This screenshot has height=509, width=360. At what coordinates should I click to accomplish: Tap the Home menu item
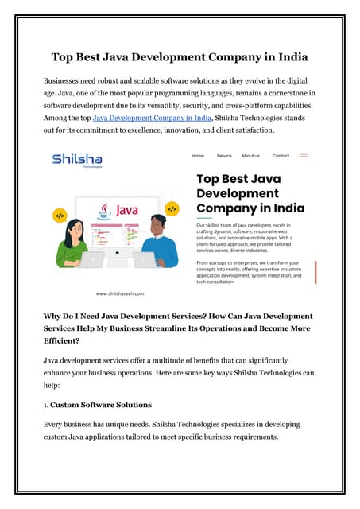198,156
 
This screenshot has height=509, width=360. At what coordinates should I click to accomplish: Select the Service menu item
224,156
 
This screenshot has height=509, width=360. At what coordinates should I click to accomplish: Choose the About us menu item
250,156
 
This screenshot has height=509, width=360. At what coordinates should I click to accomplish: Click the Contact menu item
281,156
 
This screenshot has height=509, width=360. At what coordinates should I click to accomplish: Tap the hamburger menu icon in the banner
304,156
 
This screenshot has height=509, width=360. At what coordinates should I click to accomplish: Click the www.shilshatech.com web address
120,293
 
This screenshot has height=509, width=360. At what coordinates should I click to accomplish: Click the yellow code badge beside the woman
59,215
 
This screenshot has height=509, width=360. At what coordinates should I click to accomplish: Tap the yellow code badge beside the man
172,208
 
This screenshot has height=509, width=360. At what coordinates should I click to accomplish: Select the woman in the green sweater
74,242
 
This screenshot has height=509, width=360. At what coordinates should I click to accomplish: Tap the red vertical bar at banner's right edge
316,271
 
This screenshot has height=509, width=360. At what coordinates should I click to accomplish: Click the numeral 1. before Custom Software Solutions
47,404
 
